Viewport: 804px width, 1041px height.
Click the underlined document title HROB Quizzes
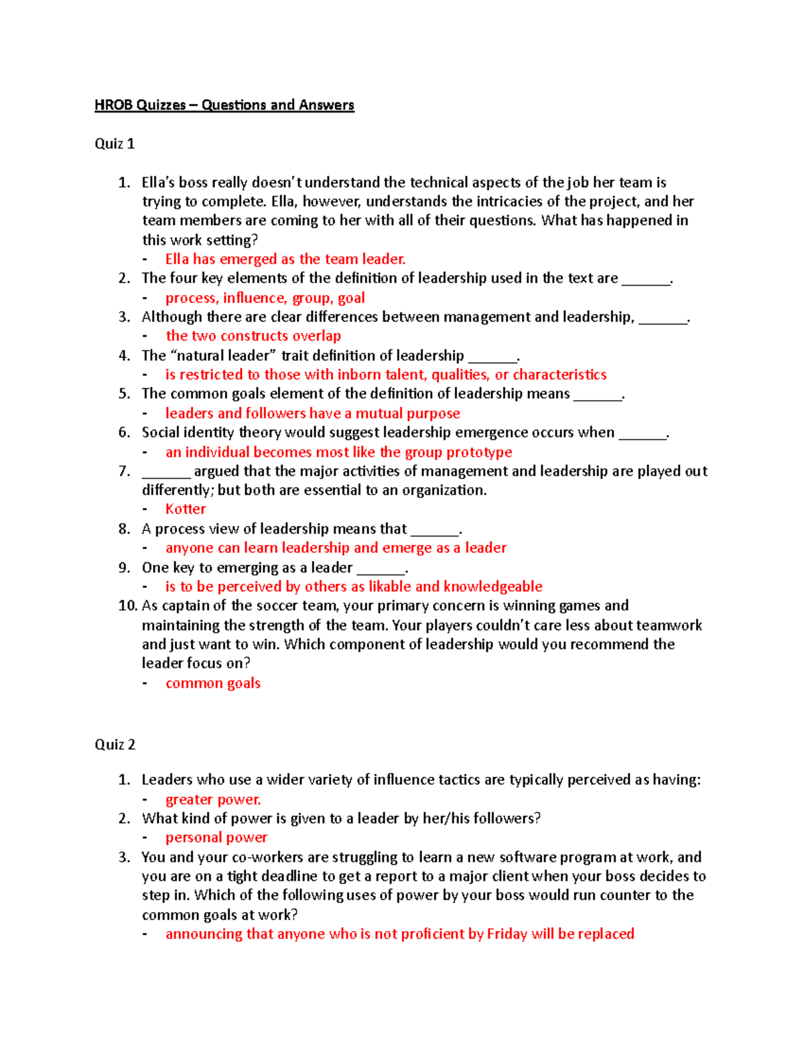coord(224,105)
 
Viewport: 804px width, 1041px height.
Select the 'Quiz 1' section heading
coord(115,144)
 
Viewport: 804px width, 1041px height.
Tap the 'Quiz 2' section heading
coord(115,745)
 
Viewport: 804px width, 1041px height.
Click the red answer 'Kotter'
coord(186,509)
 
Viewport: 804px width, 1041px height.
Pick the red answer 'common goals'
coord(213,683)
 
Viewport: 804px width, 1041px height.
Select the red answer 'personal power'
coord(216,838)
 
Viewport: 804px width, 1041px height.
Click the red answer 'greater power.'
coord(213,800)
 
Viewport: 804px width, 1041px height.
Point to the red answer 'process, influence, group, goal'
coord(265,298)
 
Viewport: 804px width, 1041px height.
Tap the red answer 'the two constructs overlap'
coord(253,336)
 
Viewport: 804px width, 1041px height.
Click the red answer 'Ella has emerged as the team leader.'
coord(285,259)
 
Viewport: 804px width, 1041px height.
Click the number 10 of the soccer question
coord(127,606)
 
